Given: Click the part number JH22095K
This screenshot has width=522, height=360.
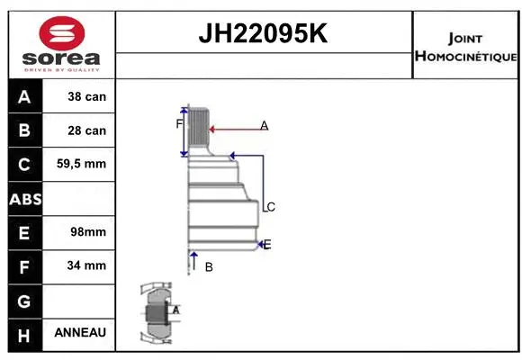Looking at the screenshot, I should tap(263, 35).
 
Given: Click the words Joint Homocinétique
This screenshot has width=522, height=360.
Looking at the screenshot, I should tap(465, 47).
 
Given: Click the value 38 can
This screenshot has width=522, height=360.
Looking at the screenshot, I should tap(86, 96).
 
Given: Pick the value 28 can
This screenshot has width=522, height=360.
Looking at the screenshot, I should tap(86, 130).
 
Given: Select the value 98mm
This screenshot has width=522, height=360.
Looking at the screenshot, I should tap(86, 231).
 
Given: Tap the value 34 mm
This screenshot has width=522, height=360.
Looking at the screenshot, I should tap(86, 265).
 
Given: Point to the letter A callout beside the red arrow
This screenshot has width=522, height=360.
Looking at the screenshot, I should tap(265, 126).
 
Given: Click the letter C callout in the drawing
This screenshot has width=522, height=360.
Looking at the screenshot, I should tap(270, 207).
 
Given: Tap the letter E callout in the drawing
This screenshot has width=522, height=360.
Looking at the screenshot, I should tap(267, 244).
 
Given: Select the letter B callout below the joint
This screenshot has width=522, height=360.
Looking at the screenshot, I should tap(208, 267).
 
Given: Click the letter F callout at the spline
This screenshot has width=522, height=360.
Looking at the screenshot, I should tap(179, 124).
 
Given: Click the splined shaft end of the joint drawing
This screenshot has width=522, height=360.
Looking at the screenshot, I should tap(199, 130).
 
